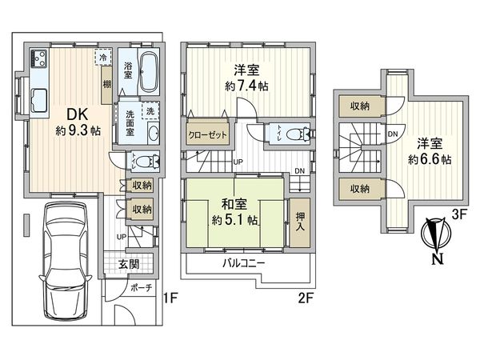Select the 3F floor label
458,214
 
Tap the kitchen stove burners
39,58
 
